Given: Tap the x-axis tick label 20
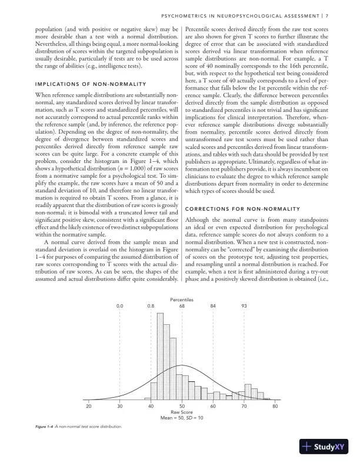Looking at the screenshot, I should tap(89, 407).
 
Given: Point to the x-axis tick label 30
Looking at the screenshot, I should tap(120, 407).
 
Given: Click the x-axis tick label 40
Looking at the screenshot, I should tap(151, 407).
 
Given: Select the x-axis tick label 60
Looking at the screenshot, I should tap(213, 407).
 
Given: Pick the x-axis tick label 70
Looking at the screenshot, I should tap(244, 407).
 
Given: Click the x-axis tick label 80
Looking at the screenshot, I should tap(275, 407).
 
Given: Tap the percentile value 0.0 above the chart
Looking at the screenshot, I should tap(120, 306).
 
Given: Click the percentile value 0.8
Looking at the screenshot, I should tap(151, 306).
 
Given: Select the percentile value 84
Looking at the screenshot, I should tap(213, 306).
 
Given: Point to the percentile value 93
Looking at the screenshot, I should tap(244, 306).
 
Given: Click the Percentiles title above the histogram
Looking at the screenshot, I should tap(182, 299).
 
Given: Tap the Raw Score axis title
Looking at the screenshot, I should tap(182, 412).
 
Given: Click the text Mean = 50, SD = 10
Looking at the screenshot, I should tap(182, 418).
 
